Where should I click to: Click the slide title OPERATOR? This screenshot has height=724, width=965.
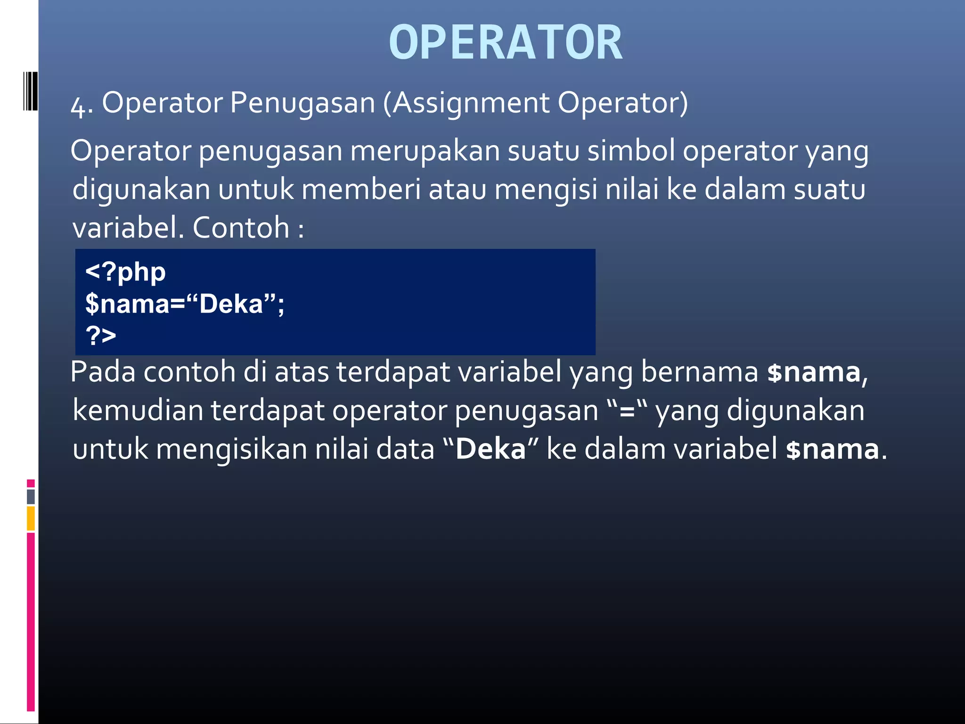(x=506, y=43)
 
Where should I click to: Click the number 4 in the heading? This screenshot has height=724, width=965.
(x=77, y=106)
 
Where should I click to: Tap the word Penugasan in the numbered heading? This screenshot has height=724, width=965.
(x=302, y=103)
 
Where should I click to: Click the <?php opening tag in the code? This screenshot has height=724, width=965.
(x=125, y=272)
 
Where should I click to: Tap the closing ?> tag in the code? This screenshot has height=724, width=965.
(x=101, y=336)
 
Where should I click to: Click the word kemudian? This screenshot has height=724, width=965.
(x=138, y=410)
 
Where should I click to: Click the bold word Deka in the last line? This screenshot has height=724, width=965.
(x=490, y=449)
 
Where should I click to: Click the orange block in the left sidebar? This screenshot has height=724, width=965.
(x=31, y=518)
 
